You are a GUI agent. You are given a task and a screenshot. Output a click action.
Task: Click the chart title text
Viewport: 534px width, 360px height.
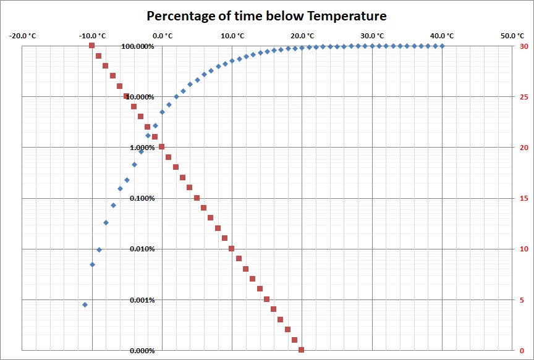click(266, 15)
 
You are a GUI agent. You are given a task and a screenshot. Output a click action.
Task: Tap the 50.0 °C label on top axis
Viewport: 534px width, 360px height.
click(512, 36)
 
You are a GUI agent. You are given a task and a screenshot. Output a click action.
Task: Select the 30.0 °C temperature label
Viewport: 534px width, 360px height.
click(372, 36)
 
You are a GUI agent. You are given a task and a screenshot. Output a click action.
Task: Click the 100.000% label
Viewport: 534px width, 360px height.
click(137, 47)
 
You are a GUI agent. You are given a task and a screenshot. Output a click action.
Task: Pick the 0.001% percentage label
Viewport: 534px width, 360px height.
click(140, 301)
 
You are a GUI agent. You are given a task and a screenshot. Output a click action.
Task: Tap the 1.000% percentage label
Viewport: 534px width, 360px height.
click(140, 148)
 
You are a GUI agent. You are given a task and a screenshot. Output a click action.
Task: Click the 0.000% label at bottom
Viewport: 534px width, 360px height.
click(140, 351)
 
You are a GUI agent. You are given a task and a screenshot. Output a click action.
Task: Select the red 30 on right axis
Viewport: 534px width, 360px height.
click(524, 46)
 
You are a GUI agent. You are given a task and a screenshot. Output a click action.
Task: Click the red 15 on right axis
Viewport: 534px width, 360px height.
click(524, 198)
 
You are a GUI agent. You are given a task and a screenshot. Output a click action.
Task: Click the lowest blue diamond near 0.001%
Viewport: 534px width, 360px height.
click(85, 304)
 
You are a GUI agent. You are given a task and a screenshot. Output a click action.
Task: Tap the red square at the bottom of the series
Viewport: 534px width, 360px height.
click(302, 350)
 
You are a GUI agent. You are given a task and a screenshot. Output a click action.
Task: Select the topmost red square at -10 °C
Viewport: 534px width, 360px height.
click(91, 45)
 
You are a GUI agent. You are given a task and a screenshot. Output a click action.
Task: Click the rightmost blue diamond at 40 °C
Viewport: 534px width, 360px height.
click(442, 46)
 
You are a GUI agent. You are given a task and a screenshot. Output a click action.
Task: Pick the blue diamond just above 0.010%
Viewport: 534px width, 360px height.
click(99, 249)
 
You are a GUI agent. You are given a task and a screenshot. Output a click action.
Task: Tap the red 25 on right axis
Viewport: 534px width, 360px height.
click(524, 97)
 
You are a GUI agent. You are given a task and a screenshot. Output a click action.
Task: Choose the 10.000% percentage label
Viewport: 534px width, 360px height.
click(139, 98)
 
